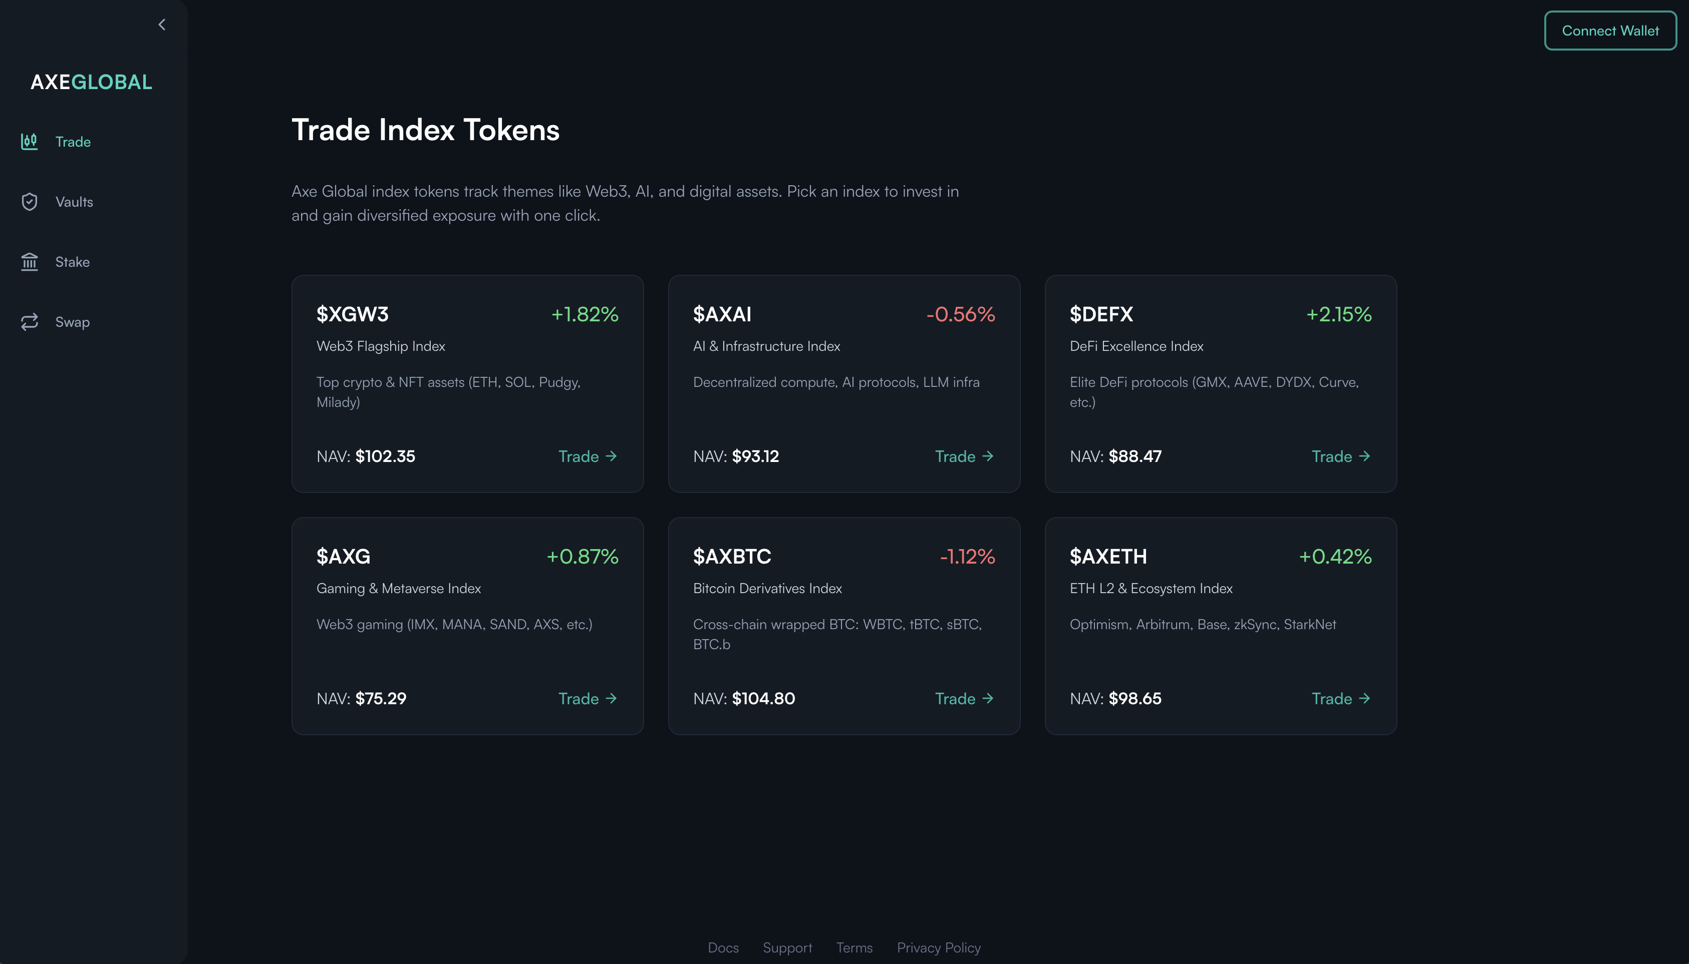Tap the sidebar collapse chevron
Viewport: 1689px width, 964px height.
[162, 25]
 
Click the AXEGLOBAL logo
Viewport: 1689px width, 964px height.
[91, 82]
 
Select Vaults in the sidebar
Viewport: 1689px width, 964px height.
[74, 202]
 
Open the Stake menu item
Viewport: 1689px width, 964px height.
[72, 262]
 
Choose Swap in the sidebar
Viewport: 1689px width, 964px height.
[72, 322]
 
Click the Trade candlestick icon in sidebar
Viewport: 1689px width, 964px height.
[29, 142]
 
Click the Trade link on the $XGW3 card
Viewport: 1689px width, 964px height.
[587, 456]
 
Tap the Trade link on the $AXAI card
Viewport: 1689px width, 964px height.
[964, 456]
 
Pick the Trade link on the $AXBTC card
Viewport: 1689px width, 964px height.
[964, 699]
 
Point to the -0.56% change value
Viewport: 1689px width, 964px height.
[960, 314]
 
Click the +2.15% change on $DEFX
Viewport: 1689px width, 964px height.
[1338, 314]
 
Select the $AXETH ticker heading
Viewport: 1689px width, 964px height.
[1108, 556]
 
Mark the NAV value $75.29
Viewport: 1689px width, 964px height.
[381, 699]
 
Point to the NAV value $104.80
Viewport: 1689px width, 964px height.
[763, 699]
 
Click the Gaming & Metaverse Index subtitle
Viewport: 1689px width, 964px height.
[399, 589]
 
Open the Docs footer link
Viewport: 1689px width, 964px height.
[723, 947]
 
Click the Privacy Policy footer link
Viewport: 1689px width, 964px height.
[939, 947]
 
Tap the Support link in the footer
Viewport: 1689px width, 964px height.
[787, 947]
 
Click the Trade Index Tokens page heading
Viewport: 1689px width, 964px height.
[425, 130]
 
